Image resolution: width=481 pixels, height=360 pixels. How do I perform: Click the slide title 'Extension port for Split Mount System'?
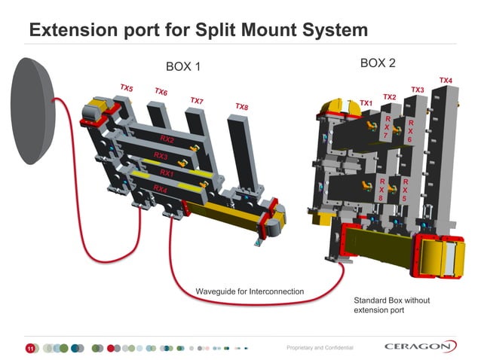(x=198, y=31)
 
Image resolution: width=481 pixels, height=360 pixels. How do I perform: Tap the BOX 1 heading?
(x=183, y=67)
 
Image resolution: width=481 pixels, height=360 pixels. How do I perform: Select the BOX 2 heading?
(x=378, y=63)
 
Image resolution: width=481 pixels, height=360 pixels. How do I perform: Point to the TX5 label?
(x=126, y=88)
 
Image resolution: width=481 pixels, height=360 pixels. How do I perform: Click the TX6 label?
(x=161, y=93)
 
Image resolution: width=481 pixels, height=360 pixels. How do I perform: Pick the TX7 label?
(x=196, y=100)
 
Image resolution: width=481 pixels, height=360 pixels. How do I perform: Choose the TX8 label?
(x=241, y=106)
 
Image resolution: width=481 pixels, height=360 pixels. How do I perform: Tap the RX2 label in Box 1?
(x=167, y=140)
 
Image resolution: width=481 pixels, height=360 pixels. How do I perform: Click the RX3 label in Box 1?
(x=160, y=157)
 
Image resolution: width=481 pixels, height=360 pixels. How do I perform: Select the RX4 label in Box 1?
(x=160, y=188)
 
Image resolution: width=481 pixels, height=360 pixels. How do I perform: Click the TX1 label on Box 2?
(x=366, y=102)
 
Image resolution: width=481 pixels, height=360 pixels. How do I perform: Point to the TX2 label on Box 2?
(x=389, y=96)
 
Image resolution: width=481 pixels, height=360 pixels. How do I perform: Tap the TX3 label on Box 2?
(x=417, y=90)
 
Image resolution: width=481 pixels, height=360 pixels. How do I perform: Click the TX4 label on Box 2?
(x=446, y=80)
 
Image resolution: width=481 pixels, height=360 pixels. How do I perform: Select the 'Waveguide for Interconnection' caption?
(x=250, y=291)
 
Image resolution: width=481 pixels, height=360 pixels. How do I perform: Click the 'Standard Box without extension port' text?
(x=391, y=305)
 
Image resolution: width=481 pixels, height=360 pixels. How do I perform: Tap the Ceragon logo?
(x=420, y=346)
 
